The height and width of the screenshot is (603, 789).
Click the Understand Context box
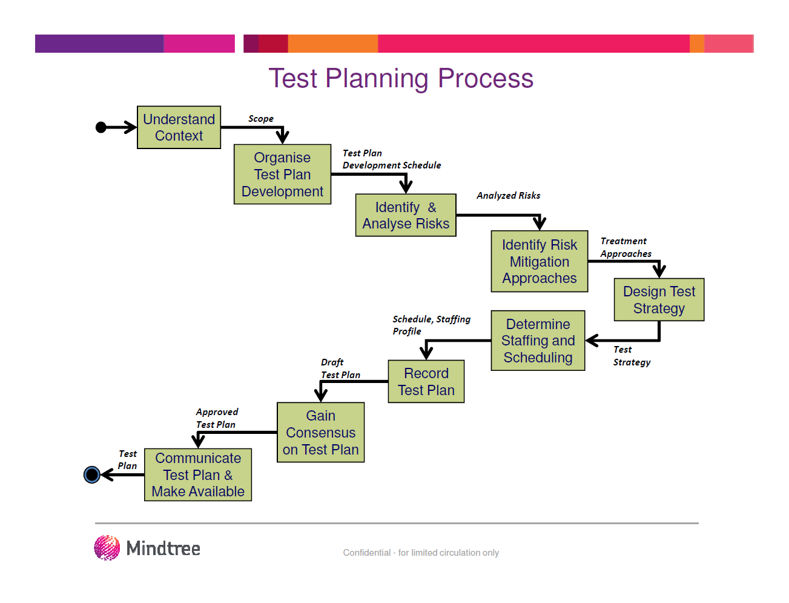pos(179,127)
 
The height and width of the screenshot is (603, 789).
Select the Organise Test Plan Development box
pos(282,174)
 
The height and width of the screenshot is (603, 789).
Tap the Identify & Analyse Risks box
pos(406,215)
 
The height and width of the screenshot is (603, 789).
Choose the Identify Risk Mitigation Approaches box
pos(539,261)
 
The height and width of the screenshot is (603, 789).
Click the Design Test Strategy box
pos(659,299)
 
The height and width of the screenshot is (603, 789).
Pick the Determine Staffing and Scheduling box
pos(538,341)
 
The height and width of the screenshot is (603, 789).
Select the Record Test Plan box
pos(426,381)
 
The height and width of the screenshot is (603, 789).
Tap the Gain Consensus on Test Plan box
pos(320,432)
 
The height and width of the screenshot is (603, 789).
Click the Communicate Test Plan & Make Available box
pos(197,475)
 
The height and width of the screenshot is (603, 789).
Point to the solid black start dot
pos(101,127)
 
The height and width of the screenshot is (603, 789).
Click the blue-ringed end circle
pos(91,475)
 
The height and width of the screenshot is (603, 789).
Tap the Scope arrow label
pos(260,119)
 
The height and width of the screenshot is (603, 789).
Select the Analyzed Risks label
pos(508,195)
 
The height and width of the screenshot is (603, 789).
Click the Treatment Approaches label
pos(626,247)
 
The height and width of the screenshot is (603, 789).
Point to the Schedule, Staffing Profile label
pos(431,325)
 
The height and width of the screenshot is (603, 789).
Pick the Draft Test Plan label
pos(340,368)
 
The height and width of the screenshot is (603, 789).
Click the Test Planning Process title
pos(401,78)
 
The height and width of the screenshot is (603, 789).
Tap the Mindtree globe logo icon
pos(107,548)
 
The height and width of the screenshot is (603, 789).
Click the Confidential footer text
pos(421,552)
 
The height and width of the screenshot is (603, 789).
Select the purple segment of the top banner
pos(99,44)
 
